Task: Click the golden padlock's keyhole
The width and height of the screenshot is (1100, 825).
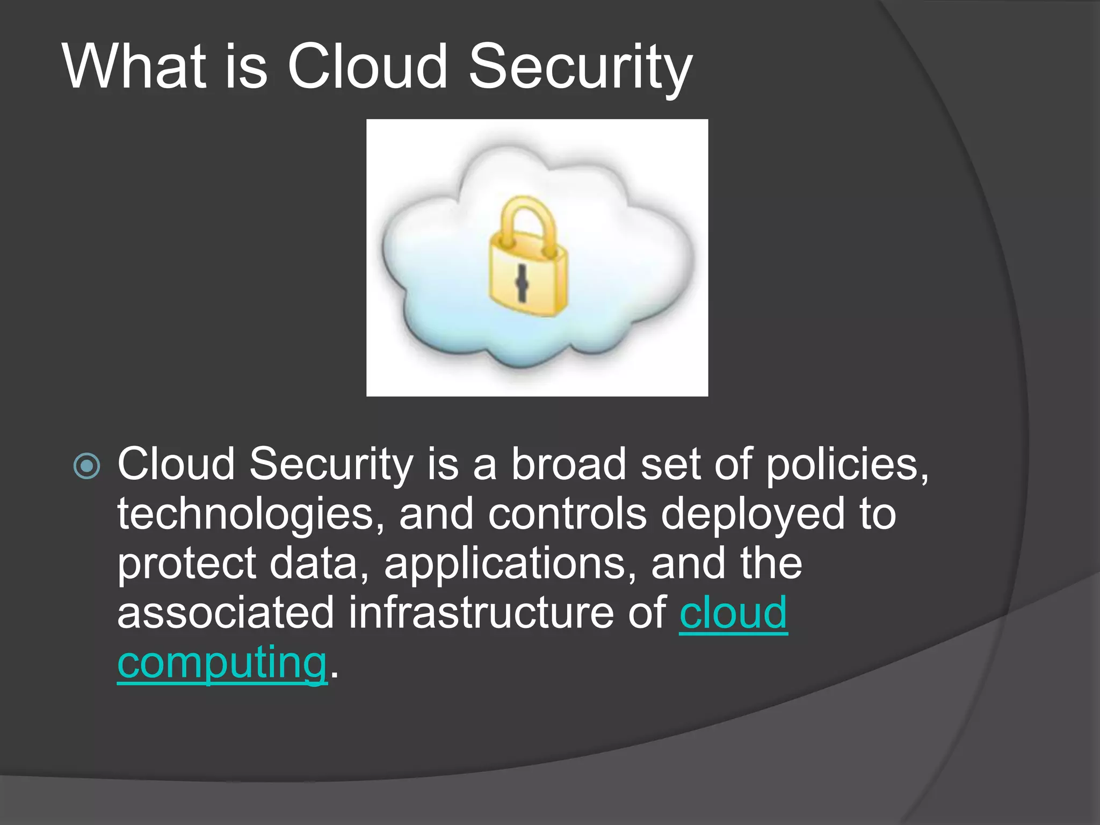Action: (521, 283)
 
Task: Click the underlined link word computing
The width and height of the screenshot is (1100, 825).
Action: (222, 662)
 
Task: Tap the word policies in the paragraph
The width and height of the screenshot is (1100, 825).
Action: (846, 464)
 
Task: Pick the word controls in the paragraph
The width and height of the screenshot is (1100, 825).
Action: (567, 514)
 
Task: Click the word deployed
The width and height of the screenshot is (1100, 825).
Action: (752, 514)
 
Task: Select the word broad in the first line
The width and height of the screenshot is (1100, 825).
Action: (568, 464)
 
